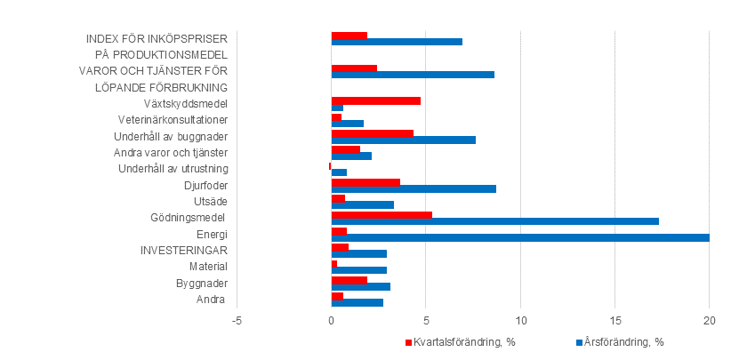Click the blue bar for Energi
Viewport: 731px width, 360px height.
click(x=520, y=237)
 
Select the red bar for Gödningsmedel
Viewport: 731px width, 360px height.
click(x=382, y=213)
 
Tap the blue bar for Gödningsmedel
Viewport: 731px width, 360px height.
click(x=494, y=221)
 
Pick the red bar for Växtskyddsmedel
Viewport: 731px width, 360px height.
click(x=375, y=100)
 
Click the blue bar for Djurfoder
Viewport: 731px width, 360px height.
click(x=414, y=188)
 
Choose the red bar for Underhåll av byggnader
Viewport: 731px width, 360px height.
click(x=372, y=133)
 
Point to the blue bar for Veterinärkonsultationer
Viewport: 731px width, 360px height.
click(x=347, y=124)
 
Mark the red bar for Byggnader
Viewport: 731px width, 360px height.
click(x=349, y=279)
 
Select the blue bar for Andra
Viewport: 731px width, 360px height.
click(x=357, y=302)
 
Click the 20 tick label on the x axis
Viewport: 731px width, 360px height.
click(x=709, y=321)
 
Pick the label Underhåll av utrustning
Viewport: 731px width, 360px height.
click(x=173, y=169)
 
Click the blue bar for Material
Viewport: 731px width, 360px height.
click(x=358, y=270)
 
